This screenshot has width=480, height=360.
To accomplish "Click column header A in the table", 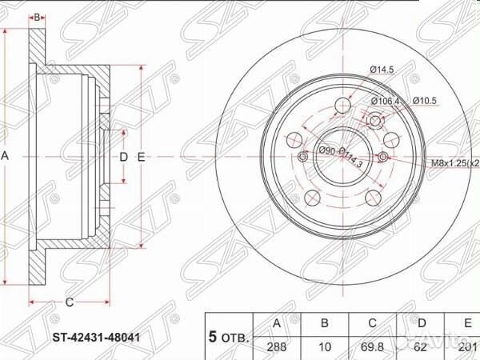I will pos(276,324).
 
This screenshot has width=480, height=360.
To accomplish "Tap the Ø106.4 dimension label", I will pos(385,101).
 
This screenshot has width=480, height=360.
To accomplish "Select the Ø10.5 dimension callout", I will pos(424,101).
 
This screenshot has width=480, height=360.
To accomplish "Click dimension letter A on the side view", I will pos(6,157).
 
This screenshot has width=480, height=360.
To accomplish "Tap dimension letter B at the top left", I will pos(36,17).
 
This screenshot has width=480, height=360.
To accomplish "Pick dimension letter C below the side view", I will pos(70,302).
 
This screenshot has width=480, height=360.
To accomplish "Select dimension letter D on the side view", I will pos(123,157).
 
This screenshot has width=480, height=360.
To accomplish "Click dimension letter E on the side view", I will pos(142,157).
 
